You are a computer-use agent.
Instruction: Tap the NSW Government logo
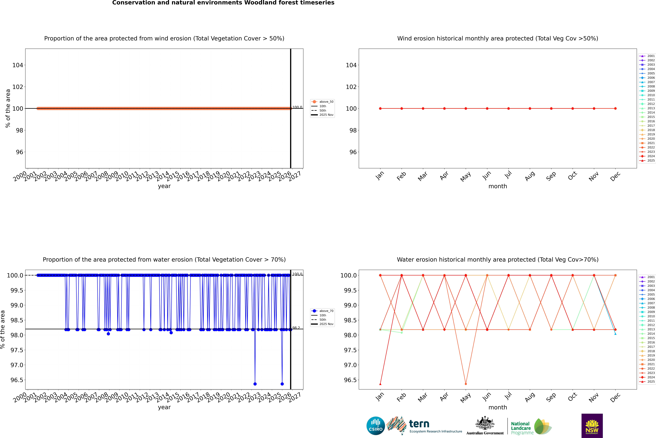[592, 426]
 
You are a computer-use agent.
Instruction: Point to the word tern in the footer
[419, 424]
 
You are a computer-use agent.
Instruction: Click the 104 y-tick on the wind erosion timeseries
[18, 65]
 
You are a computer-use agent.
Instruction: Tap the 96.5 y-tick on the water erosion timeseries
[17, 380]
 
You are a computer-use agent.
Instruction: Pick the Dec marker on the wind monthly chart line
[615, 108]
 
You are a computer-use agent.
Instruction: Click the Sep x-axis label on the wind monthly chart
[551, 176]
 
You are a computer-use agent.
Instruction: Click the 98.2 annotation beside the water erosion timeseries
[296, 328]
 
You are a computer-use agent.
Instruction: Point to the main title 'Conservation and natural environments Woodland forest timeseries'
[223, 3]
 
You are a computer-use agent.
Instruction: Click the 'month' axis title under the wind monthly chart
[497, 186]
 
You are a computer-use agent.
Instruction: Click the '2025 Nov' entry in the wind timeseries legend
[326, 115]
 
